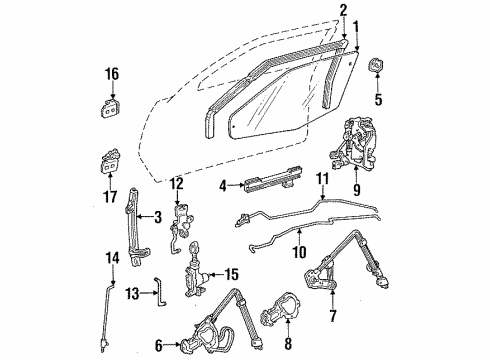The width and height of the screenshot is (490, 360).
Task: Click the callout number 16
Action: coord(111,73)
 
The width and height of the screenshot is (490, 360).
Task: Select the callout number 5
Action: coord(377,99)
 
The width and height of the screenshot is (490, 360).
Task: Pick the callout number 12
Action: coord(177,183)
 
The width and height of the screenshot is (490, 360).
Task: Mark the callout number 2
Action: coord(343,11)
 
